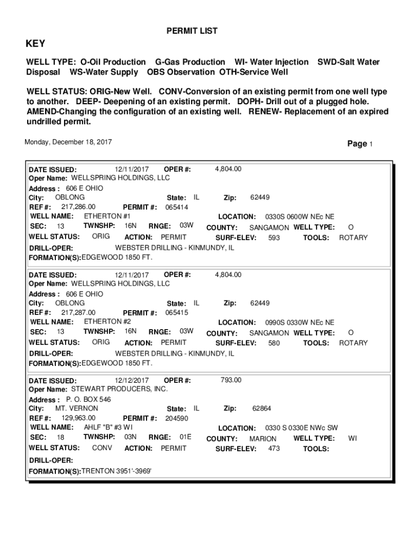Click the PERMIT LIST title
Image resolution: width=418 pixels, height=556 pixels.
click(192, 31)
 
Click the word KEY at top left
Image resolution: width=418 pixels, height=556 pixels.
click(36, 44)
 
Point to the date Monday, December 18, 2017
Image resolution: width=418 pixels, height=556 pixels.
click(68, 142)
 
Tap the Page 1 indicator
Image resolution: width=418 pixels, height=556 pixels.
click(359, 144)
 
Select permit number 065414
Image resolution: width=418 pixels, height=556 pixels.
click(177, 207)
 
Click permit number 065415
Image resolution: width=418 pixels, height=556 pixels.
click(177, 313)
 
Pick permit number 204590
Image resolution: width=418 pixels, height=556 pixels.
click(177, 419)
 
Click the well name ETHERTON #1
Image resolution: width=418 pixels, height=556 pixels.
click(107, 216)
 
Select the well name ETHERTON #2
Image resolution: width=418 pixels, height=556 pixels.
click(107, 321)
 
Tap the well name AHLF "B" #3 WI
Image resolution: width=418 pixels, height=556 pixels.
click(108, 427)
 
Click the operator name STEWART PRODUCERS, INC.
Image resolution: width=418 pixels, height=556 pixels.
click(119, 389)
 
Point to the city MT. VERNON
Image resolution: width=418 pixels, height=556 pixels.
click(77, 408)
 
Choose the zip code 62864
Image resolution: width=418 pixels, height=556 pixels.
click(262, 408)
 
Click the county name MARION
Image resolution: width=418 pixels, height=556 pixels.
click(263, 439)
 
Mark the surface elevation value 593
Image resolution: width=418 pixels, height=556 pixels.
click(274, 238)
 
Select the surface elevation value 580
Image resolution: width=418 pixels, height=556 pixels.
click(274, 343)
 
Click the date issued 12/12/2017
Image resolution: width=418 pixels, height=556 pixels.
click(131, 380)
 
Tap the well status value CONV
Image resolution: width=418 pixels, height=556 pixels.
click(102, 448)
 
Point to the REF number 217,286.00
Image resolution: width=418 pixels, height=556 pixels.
click(78, 207)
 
